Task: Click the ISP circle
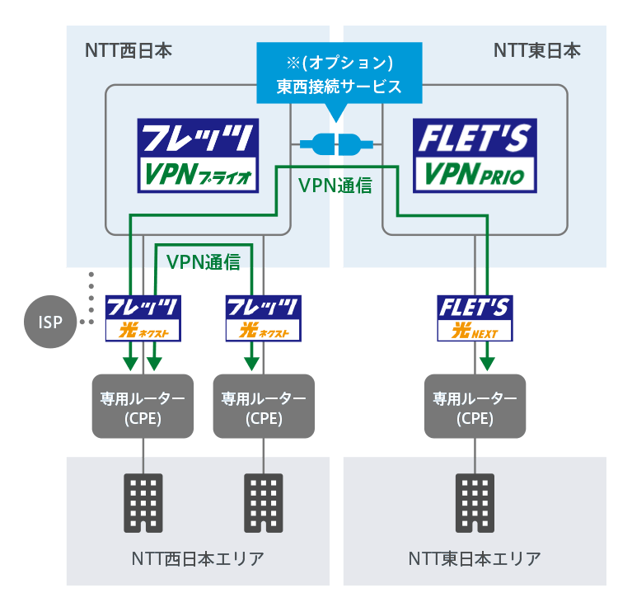pos(51,322)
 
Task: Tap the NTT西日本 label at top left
pos(129,50)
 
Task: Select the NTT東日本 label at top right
pos(536,50)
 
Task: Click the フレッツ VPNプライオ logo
pos(198,156)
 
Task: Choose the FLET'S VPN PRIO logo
pos(474,156)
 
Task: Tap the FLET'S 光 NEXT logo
pos(475,318)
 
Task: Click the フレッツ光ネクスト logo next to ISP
pos(143,318)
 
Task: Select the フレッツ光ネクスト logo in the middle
pos(263,318)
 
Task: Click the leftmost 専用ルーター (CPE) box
pos(143,406)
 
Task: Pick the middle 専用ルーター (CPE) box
pos(264,406)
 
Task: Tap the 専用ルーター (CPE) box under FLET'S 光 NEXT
pos(475,406)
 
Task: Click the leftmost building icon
pos(143,502)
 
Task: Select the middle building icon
pos(264,502)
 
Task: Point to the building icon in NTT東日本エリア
pos(475,502)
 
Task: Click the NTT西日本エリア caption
pos(198,558)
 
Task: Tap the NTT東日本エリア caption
pos(475,558)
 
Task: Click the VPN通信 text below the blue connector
pos(335,186)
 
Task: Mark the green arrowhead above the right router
pos(488,363)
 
